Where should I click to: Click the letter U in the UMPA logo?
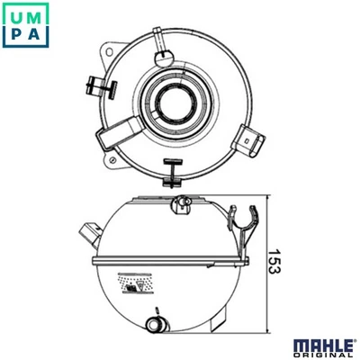17,17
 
